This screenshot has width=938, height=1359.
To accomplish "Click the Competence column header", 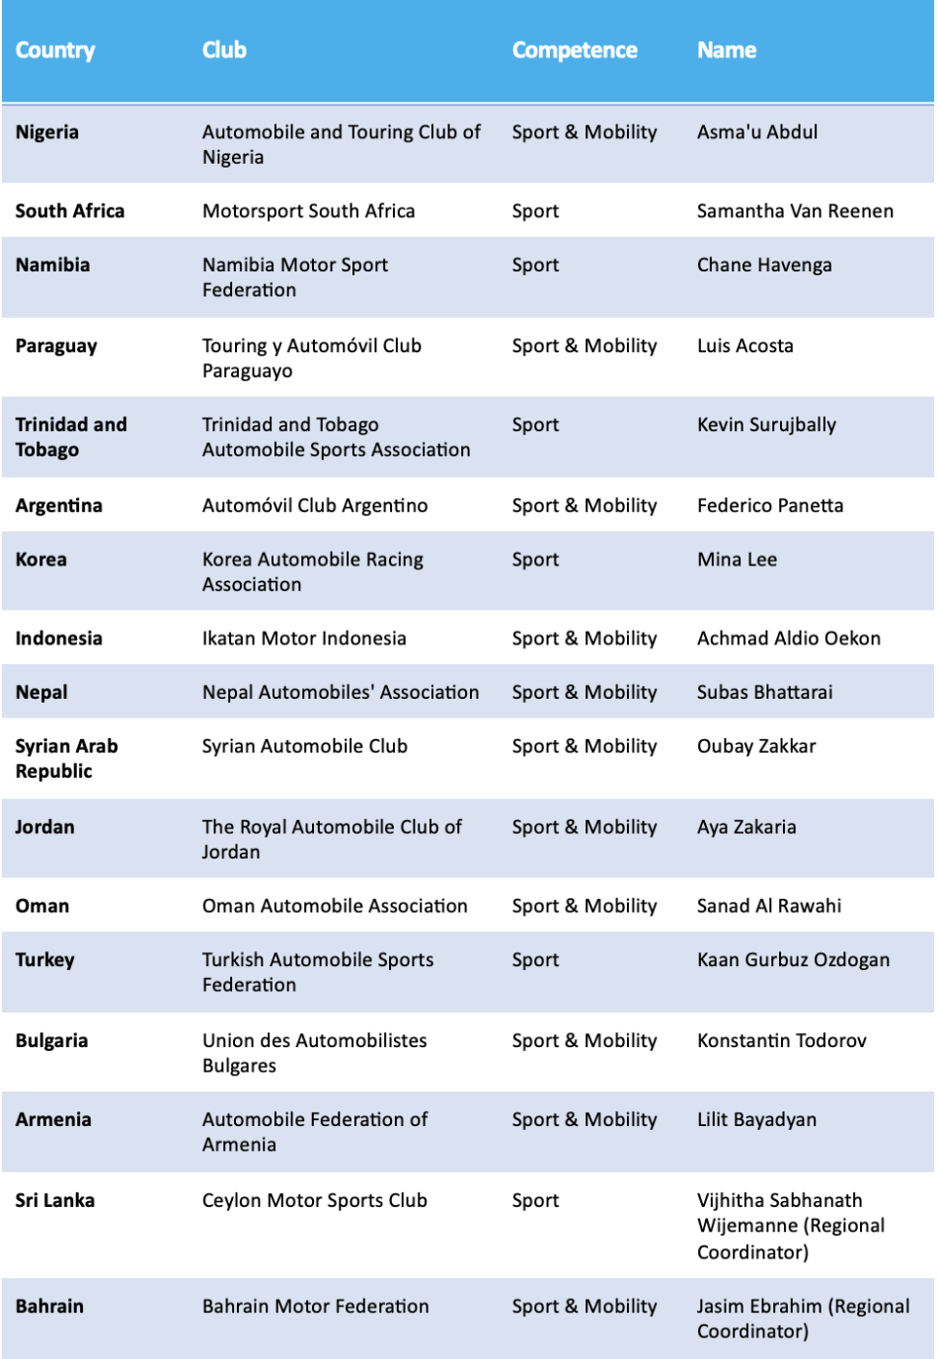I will click(574, 50).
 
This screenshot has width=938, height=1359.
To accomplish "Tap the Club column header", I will click(224, 50).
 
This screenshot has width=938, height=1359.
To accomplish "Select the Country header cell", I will click(55, 50).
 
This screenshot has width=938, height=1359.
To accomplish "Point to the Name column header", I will click(727, 50).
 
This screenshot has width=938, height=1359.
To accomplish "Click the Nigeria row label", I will click(47, 132).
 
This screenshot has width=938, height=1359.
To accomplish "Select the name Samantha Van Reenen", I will click(795, 211).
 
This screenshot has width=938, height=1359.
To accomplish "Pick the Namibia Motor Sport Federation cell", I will click(294, 277).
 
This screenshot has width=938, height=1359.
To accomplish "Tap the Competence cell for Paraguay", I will click(584, 346).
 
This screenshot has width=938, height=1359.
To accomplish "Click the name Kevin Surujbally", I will click(766, 425).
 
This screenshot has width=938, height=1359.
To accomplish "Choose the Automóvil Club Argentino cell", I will click(315, 506).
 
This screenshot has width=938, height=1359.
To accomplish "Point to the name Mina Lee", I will click(737, 560).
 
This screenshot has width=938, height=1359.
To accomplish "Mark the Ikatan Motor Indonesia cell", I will click(304, 639).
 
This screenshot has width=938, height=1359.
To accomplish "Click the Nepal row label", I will click(41, 693).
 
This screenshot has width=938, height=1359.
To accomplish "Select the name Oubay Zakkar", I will click(756, 746).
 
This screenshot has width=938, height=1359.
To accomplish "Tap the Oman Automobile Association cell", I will click(335, 906).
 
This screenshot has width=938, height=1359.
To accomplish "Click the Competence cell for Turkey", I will click(535, 960).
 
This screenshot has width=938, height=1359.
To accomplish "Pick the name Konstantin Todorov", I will click(781, 1041).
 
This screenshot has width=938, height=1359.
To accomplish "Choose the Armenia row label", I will click(53, 1120).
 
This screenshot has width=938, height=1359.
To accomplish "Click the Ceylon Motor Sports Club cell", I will click(315, 1201).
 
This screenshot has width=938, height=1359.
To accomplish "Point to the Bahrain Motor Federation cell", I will click(316, 1307).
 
